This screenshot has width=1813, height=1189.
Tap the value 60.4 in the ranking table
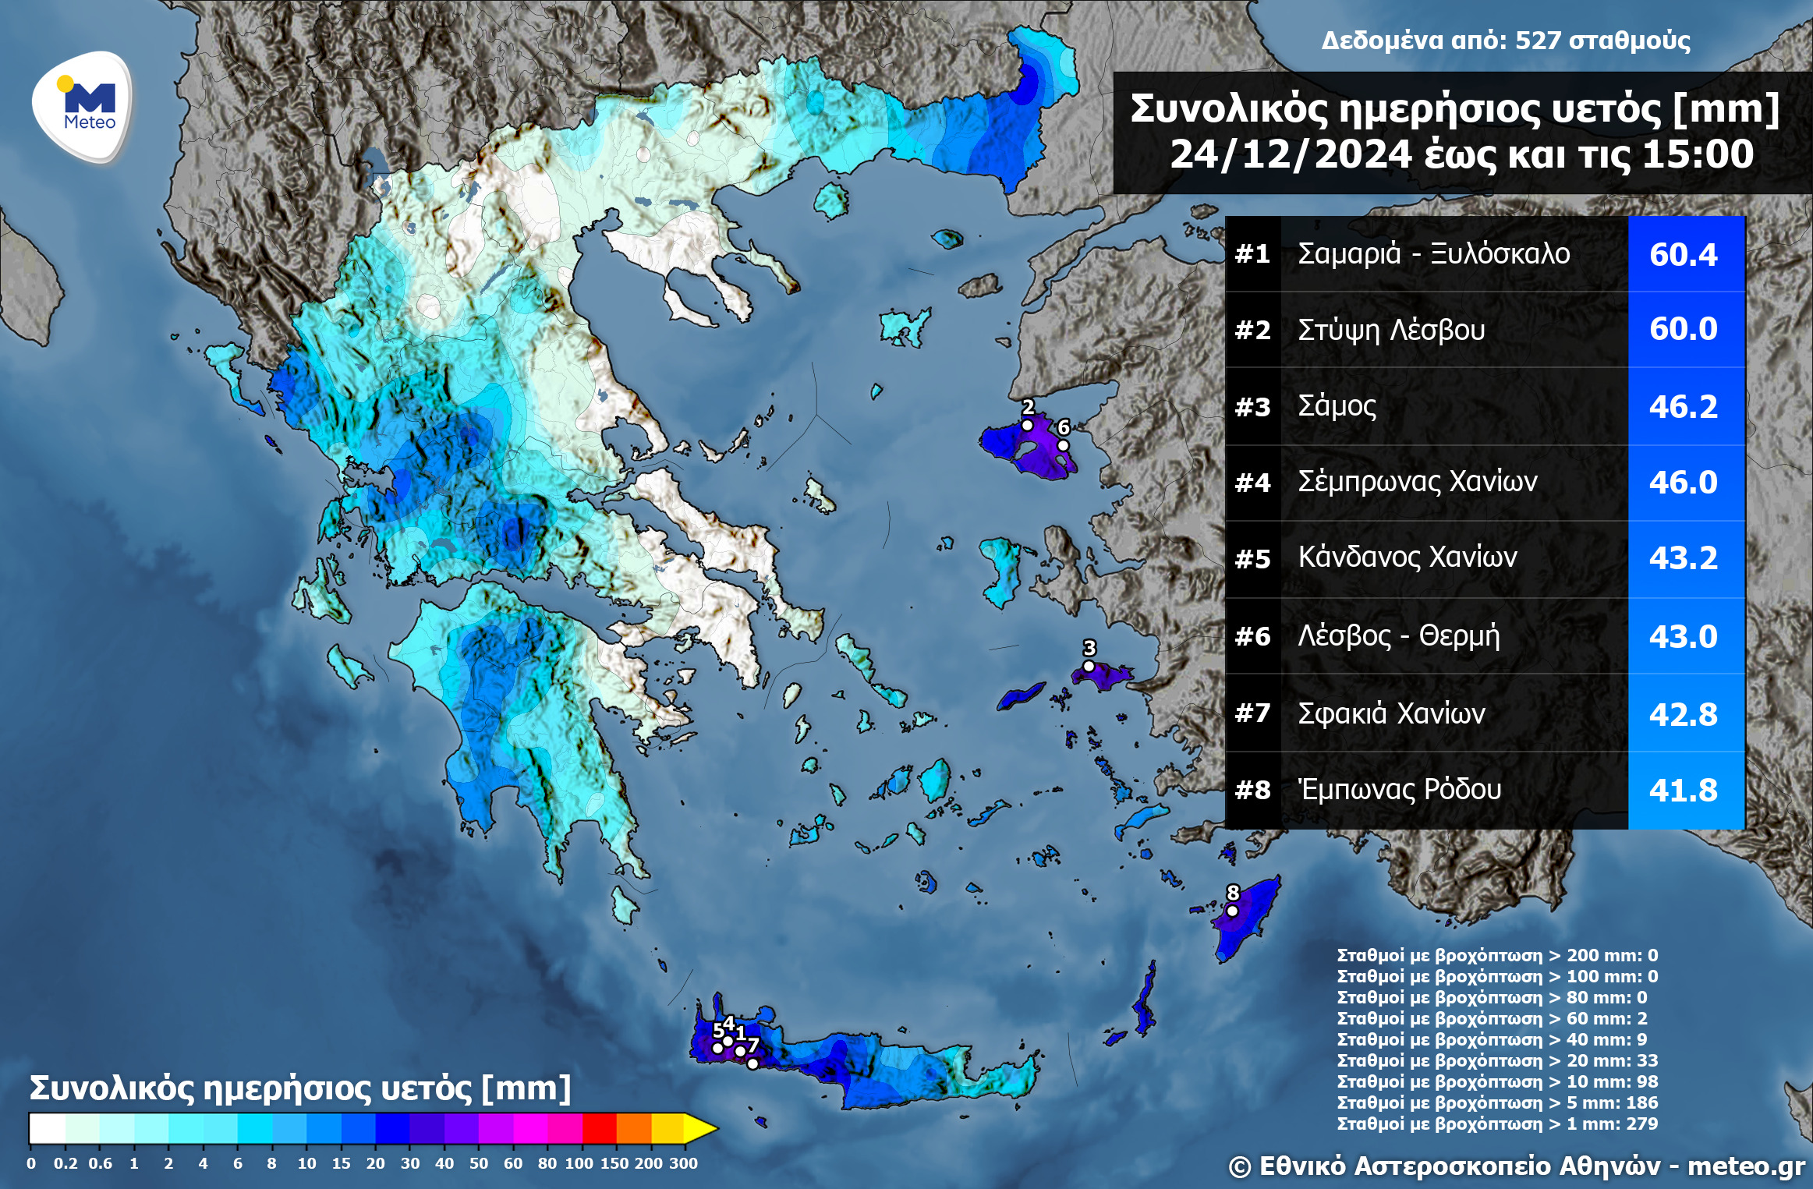(1683, 255)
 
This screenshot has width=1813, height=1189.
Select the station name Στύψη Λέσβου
(1391, 330)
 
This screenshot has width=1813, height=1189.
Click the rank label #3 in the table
(1252, 407)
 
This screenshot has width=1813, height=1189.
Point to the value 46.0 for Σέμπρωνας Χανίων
(1683, 483)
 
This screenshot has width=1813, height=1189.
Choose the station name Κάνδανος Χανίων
(1408, 557)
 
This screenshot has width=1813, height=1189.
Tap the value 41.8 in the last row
(1683, 791)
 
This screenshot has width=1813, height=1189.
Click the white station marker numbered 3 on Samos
(1089, 666)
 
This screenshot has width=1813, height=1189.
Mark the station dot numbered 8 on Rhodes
(1232, 911)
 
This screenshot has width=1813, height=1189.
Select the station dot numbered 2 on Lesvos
(1027, 425)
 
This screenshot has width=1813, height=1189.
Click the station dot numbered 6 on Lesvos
(1062, 445)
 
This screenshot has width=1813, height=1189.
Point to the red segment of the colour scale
(599, 1128)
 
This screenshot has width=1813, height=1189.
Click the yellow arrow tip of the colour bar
(706, 1128)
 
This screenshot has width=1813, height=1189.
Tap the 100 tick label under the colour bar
(579, 1163)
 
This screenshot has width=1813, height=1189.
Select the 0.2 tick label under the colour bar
(66, 1163)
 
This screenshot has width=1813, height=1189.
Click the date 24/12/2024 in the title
(1291, 154)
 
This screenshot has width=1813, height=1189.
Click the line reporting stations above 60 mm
(1491, 1018)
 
